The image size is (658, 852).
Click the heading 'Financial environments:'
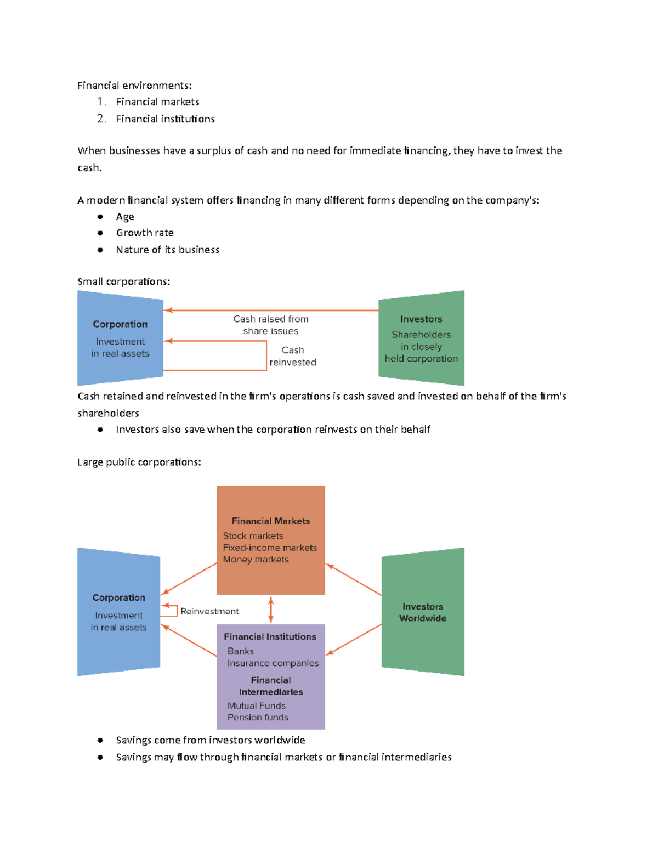pyautogui.click(x=134, y=86)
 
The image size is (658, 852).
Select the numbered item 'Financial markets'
pyautogui.click(x=157, y=102)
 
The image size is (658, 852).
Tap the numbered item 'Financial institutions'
pyautogui.click(x=165, y=119)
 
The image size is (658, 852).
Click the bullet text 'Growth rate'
pyautogui.click(x=145, y=233)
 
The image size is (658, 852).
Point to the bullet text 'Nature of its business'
pyautogui.click(x=167, y=250)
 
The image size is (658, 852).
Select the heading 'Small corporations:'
pyautogui.click(x=123, y=282)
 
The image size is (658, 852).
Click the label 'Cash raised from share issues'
pyautogui.click(x=271, y=325)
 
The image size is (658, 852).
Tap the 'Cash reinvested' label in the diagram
pyautogui.click(x=293, y=356)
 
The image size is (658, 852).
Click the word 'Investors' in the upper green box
pyautogui.click(x=421, y=319)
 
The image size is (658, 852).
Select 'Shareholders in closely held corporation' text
pyautogui.click(x=421, y=347)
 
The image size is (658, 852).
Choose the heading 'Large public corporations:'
pyautogui.click(x=139, y=462)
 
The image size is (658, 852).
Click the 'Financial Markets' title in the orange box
pyautogui.click(x=271, y=521)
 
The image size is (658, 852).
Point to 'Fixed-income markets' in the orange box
pyautogui.click(x=270, y=548)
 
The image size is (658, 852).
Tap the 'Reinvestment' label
pyautogui.click(x=209, y=611)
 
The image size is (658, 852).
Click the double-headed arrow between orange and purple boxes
pyautogui.click(x=271, y=610)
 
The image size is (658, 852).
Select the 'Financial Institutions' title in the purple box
pyautogui.click(x=270, y=637)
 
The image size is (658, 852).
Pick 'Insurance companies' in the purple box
pyautogui.click(x=273, y=663)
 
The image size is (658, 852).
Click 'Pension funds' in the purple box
pyautogui.click(x=258, y=718)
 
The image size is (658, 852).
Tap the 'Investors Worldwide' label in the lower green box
pyautogui.click(x=423, y=612)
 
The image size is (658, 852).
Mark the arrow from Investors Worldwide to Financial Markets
pyautogui.click(x=354, y=579)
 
